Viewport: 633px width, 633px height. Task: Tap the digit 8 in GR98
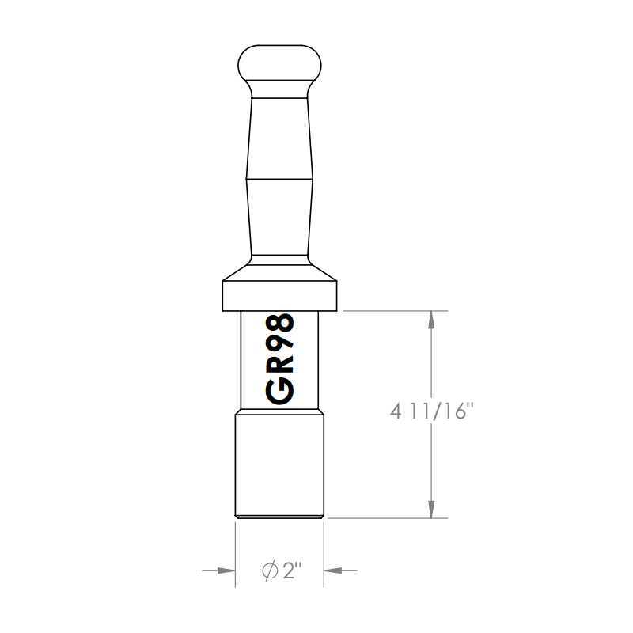coord(280,324)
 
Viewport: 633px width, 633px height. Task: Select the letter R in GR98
coord(280,368)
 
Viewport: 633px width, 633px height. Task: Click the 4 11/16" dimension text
coord(431,412)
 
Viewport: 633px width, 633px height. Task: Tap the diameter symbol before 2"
coord(268,570)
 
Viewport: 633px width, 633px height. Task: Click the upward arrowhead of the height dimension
coord(431,318)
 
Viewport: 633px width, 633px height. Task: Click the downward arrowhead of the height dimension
coord(431,511)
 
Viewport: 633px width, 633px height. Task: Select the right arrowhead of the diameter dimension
coord(332,570)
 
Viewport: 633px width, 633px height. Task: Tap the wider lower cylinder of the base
coord(280,467)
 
